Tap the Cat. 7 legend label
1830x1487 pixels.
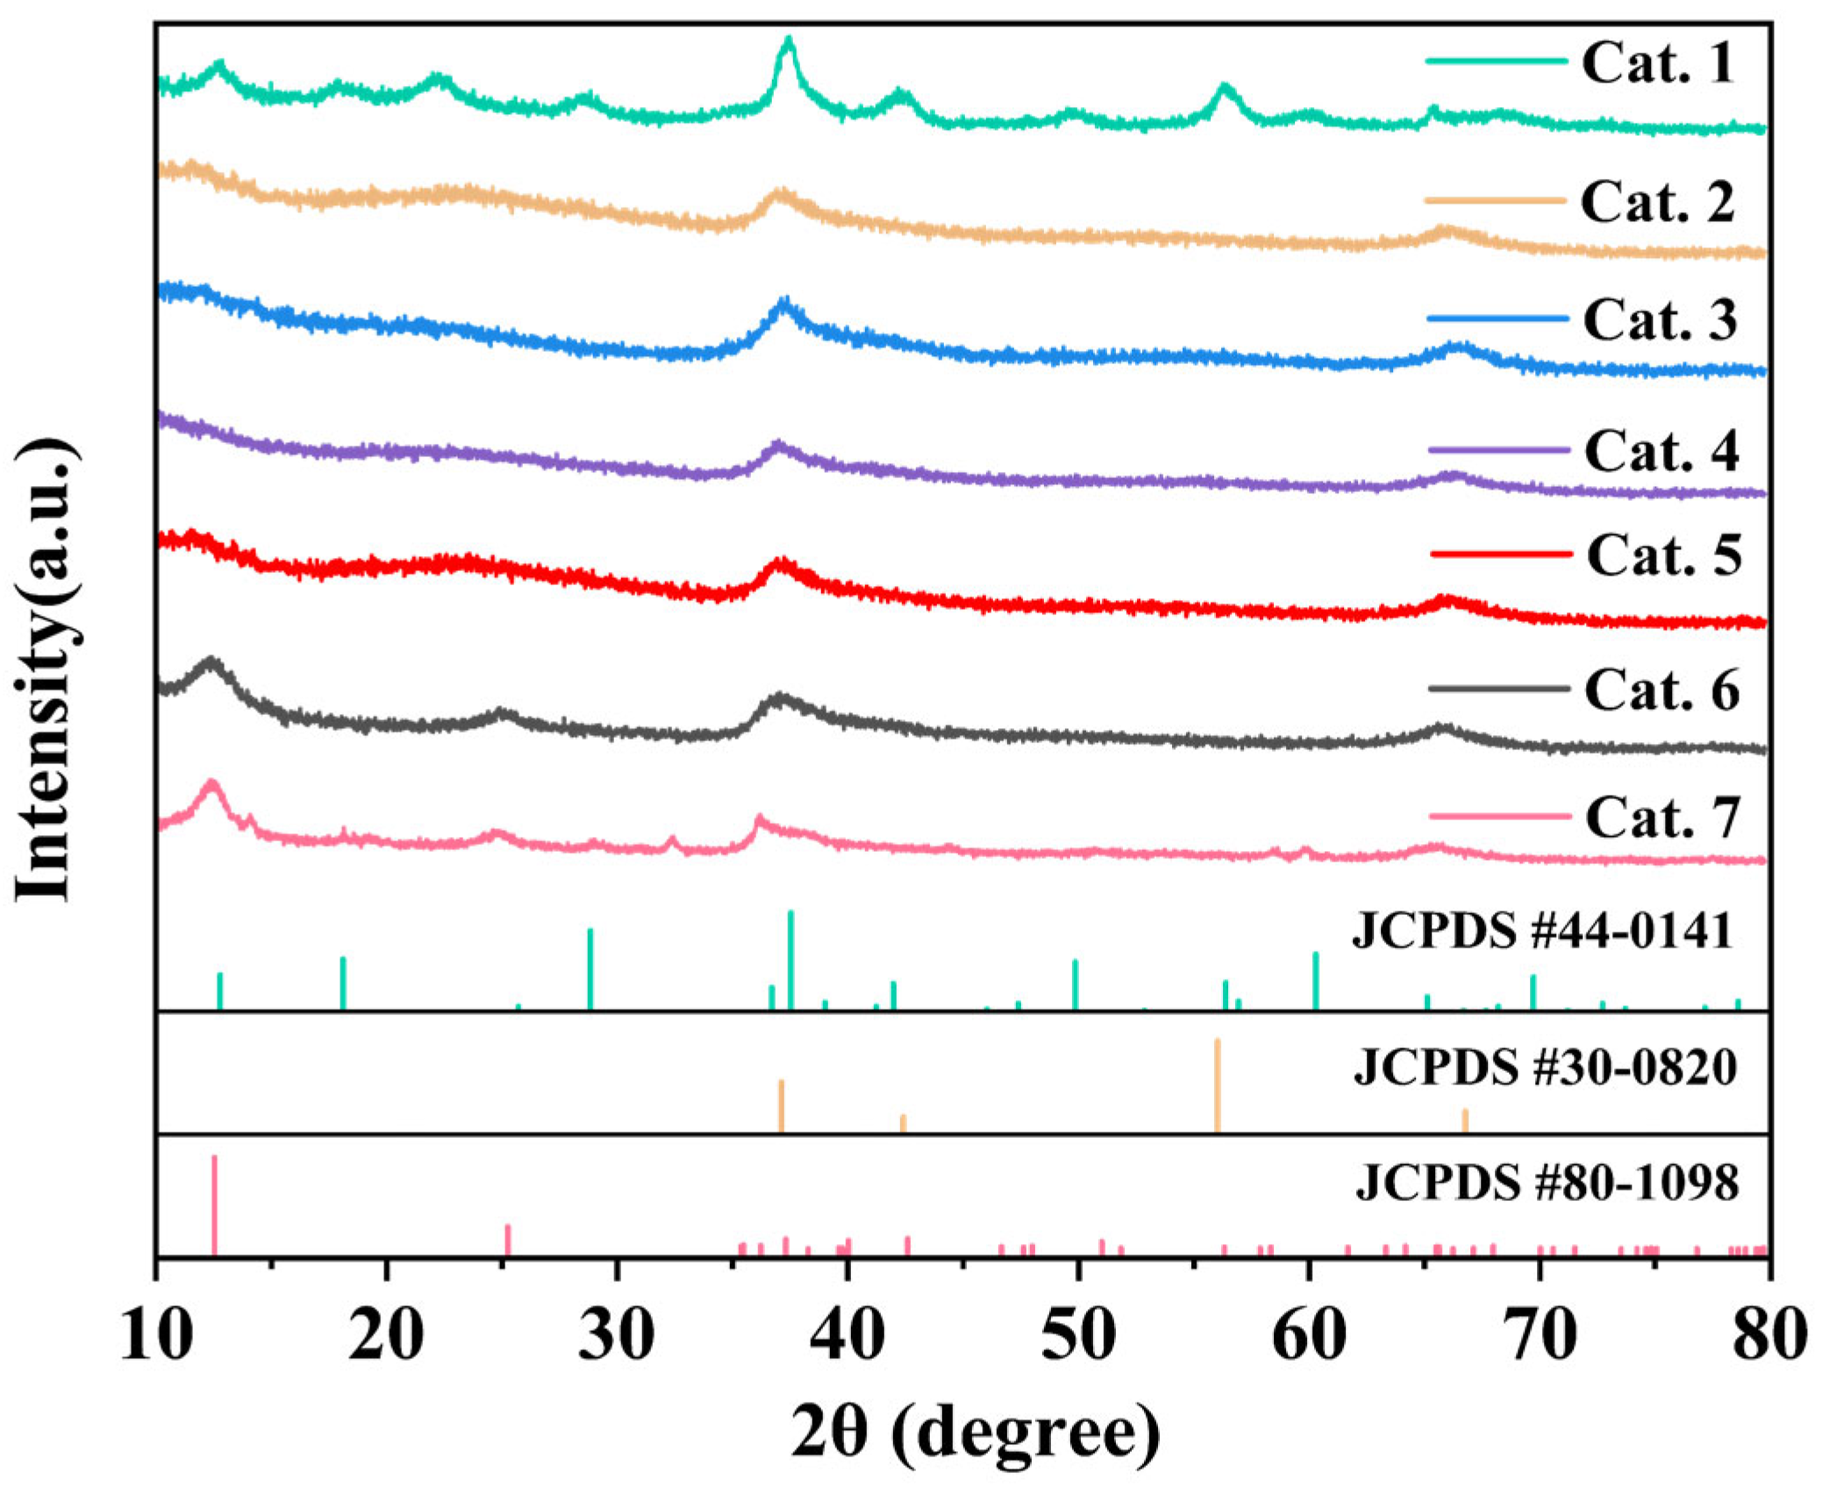pyautogui.click(x=1662, y=819)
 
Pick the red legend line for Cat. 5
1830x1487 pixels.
pyautogui.click(x=1500, y=554)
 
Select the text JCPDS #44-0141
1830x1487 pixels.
pyautogui.click(x=1542, y=932)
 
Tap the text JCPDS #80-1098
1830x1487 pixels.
pyautogui.click(x=1547, y=1183)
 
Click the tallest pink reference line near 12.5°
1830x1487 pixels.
pyautogui.click(x=214, y=1206)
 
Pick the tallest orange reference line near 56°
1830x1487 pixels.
pyautogui.click(x=1217, y=1085)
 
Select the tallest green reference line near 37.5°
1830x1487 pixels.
pyautogui.click(x=790, y=960)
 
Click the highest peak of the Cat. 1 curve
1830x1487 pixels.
pyautogui.click(x=789, y=40)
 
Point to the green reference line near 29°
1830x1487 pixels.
pyautogui.click(x=590, y=969)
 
